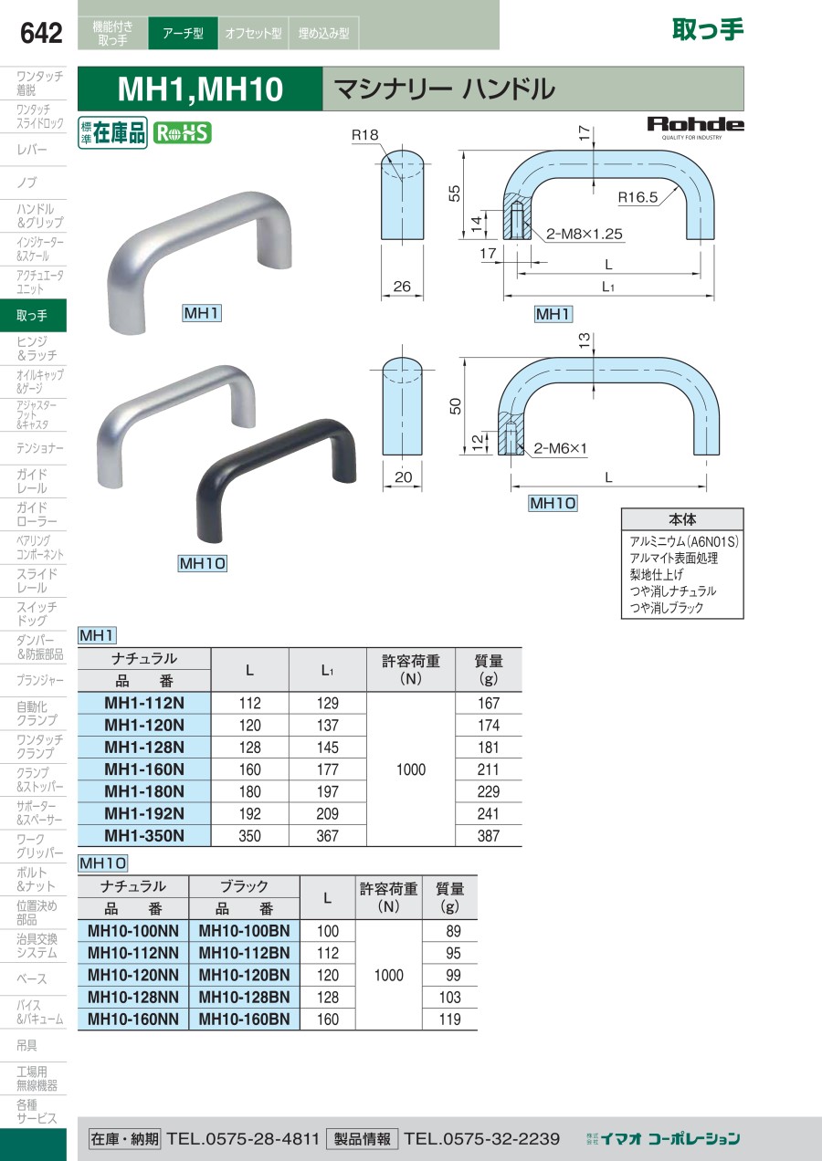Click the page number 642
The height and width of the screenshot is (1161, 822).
point(41,33)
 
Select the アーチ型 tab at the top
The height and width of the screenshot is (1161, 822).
point(183,33)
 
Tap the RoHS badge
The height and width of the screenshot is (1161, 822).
point(182,132)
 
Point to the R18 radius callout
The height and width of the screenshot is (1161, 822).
point(364,135)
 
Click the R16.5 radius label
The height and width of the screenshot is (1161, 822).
point(638,197)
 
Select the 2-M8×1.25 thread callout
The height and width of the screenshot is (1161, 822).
point(584,234)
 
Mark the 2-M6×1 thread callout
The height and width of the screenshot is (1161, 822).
point(560,448)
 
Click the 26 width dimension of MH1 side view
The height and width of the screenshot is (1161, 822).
point(402,286)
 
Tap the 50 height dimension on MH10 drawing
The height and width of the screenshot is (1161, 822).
point(455,406)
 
